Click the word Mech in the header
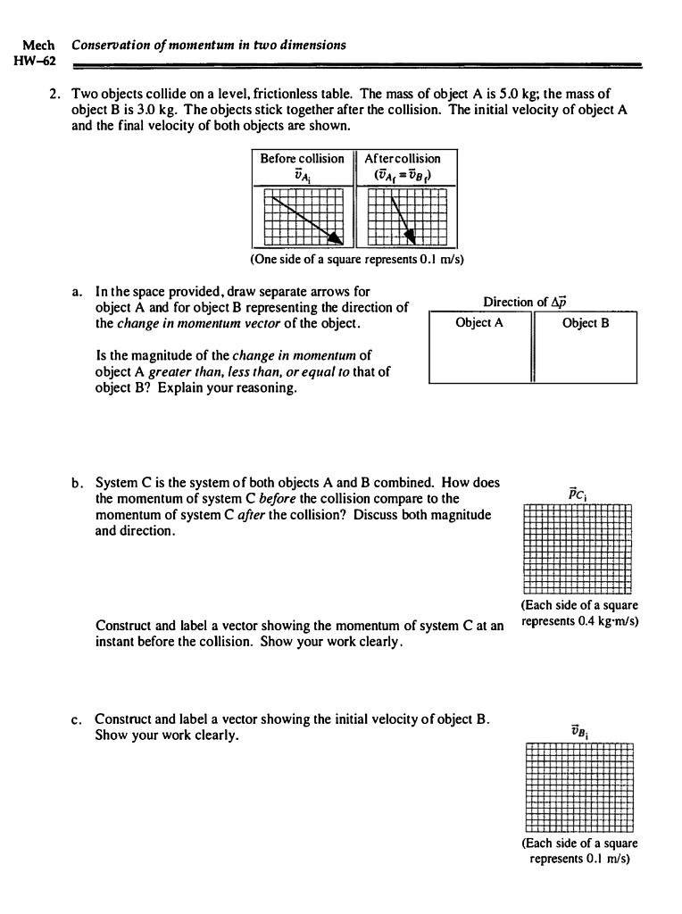(37, 45)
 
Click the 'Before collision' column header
(302, 159)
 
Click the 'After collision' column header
(403, 159)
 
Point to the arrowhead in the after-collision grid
(411, 236)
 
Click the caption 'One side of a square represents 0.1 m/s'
(357, 259)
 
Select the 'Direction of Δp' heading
(533, 303)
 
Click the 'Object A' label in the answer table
(479, 323)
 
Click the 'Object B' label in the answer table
(586, 323)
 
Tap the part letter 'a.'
(78, 292)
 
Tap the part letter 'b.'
(78, 483)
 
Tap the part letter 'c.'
(78, 719)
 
